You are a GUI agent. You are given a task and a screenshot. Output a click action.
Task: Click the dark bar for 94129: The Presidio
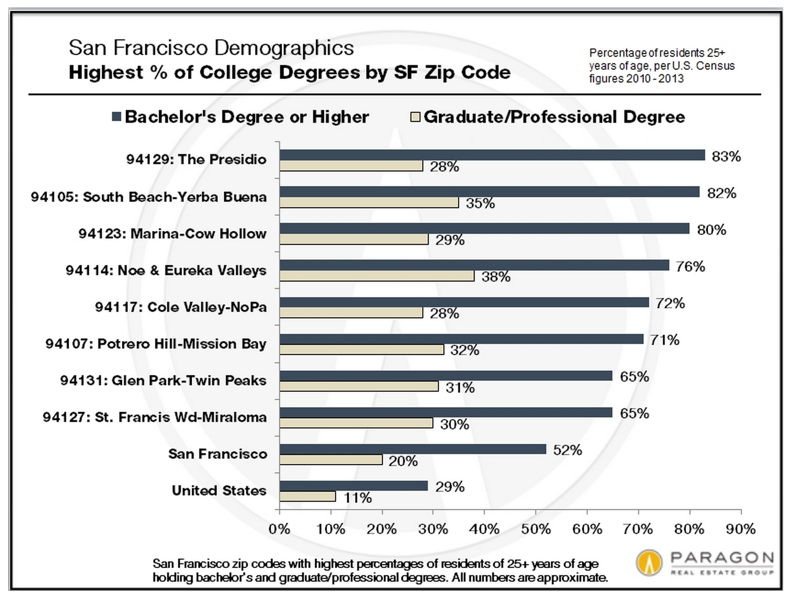click(492, 155)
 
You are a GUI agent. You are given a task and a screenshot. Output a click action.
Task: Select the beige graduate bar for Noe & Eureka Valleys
click(377, 276)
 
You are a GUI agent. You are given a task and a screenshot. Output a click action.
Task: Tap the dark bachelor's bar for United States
click(353, 486)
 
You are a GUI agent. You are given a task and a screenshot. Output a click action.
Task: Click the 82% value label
click(721, 193)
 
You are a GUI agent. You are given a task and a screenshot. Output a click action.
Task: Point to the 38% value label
click(495, 277)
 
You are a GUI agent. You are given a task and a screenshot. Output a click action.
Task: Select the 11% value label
click(358, 498)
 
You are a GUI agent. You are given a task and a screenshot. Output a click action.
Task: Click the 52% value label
click(567, 450)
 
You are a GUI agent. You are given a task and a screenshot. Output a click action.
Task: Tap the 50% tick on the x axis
click(536, 529)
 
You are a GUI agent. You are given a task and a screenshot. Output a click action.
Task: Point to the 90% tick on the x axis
click(741, 529)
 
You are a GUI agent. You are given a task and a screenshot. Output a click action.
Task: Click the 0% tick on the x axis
click(279, 529)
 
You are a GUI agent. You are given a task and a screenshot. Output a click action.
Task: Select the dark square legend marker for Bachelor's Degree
click(116, 117)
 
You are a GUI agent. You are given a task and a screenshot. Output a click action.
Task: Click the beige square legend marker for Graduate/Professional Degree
click(415, 117)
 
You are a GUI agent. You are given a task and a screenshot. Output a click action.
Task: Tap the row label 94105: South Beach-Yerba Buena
click(149, 197)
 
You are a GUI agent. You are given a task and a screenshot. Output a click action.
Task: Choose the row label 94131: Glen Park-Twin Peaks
click(163, 381)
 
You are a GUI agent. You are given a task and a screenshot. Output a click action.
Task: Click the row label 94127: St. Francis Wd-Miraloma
click(154, 417)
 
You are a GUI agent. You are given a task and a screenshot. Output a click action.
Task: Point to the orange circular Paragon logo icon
click(649, 563)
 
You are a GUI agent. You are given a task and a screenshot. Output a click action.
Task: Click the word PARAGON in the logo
click(722, 558)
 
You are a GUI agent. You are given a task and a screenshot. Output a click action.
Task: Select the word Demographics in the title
click(284, 48)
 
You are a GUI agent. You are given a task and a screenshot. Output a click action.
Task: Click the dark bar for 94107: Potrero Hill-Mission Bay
click(461, 339)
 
